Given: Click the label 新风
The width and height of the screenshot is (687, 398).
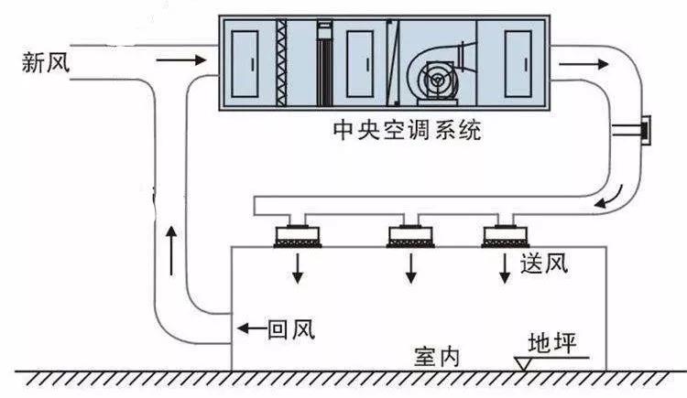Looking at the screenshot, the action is tap(46, 61).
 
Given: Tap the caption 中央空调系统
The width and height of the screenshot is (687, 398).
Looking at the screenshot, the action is tap(407, 130).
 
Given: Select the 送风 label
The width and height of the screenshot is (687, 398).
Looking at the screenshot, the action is tap(544, 264).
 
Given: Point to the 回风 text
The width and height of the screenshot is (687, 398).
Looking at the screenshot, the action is tap(291, 329).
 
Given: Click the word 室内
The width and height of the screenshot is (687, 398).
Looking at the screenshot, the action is tap(437, 357).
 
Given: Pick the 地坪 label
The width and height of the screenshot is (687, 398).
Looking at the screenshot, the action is tap(551, 343).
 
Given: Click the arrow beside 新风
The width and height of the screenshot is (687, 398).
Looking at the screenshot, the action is tap(180, 60).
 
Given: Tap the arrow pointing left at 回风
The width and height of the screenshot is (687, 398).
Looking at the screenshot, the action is tap(252, 328).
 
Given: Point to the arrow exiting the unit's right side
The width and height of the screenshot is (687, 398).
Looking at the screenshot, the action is tap(583, 64).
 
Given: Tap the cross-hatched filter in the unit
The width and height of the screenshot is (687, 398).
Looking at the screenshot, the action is tap(281, 62).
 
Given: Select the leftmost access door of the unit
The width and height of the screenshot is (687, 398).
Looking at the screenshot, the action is tap(245, 64).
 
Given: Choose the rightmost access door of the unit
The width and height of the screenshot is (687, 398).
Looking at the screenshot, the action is tap(518, 64).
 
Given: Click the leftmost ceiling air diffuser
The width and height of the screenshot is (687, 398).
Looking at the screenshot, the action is tap(298, 236).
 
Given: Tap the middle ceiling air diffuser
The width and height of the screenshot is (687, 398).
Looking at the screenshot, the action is tap(410, 236).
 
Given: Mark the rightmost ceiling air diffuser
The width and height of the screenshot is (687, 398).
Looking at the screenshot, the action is tap(505, 236).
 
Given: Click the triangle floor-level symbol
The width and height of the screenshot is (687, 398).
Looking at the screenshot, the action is tap(524, 363).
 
